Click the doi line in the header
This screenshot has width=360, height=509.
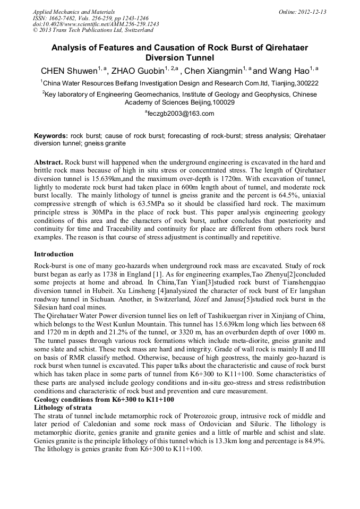tap(96, 24)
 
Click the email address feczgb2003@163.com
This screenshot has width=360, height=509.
tap(179, 114)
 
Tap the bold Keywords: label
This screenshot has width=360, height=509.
tap(51, 136)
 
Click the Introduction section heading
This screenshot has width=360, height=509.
tap(54, 254)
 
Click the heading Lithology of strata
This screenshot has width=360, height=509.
tap(63, 407)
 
